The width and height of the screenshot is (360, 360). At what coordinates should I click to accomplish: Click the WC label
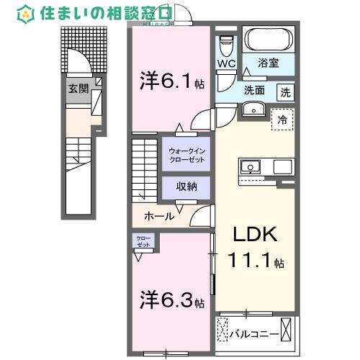click(x=227, y=63)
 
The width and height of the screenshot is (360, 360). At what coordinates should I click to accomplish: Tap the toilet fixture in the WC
click(x=227, y=45)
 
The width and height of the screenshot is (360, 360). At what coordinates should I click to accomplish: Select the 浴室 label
click(x=268, y=64)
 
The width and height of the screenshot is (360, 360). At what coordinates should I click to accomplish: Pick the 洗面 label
click(x=253, y=91)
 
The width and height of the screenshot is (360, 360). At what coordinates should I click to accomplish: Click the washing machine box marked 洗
click(x=286, y=92)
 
